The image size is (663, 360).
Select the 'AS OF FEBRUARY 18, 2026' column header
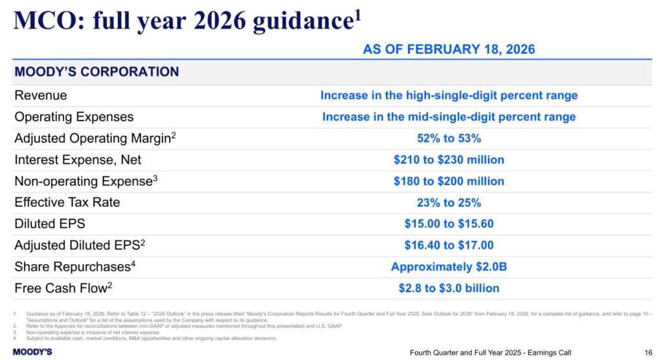pyautogui.click(x=449, y=49)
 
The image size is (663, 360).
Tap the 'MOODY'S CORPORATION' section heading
pyautogui.click(x=96, y=72)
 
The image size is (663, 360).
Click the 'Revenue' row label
pyautogui.click(x=40, y=95)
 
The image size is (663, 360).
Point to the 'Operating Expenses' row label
pyautogui.click(x=74, y=117)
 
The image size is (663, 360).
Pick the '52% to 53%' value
pyautogui.click(x=449, y=138)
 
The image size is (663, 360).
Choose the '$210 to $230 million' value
pyautogui.click(x=449, y=159)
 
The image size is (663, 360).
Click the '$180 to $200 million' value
pyautogui.click(x=449, y=181)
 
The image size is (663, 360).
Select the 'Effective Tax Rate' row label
pyautogui.click(x=67, y=203)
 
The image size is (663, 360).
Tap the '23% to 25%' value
pyautogui.click(x=449, y=203)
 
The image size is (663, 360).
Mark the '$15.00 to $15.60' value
pyautogui.click(x=449, y=224)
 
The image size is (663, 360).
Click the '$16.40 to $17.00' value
pyautogui.click(x=449, y=245)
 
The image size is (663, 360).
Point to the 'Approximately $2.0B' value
pyautogui.click(x=449, y=267)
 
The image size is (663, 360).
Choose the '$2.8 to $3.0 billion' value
pyautogui.click(x=449, y=288)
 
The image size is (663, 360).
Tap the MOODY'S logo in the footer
pyautogui.click(x=32, y=352)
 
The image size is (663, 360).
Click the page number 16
pyautogui.click(x=647, y=352)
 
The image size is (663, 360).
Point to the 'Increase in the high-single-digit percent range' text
pyautogui.click(x=449, y=95)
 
